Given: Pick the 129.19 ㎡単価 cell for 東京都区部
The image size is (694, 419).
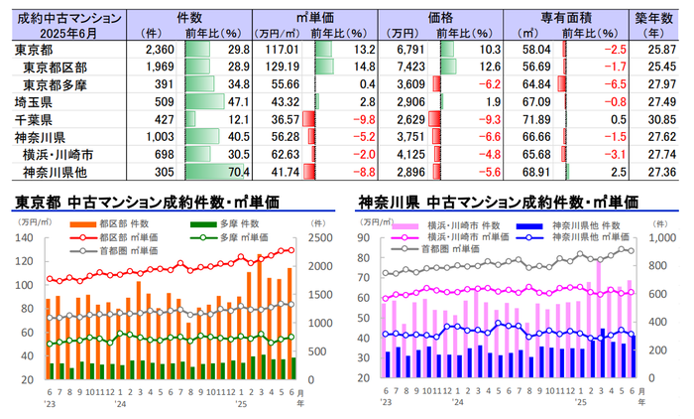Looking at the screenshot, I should [x=279, y=67].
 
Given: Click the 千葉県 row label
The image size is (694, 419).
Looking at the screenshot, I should [x=35, y=119].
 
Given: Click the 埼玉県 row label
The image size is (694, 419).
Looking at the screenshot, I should [x=35, y=102].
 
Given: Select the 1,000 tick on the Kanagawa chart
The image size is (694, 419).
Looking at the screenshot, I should [x=656, y=238].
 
